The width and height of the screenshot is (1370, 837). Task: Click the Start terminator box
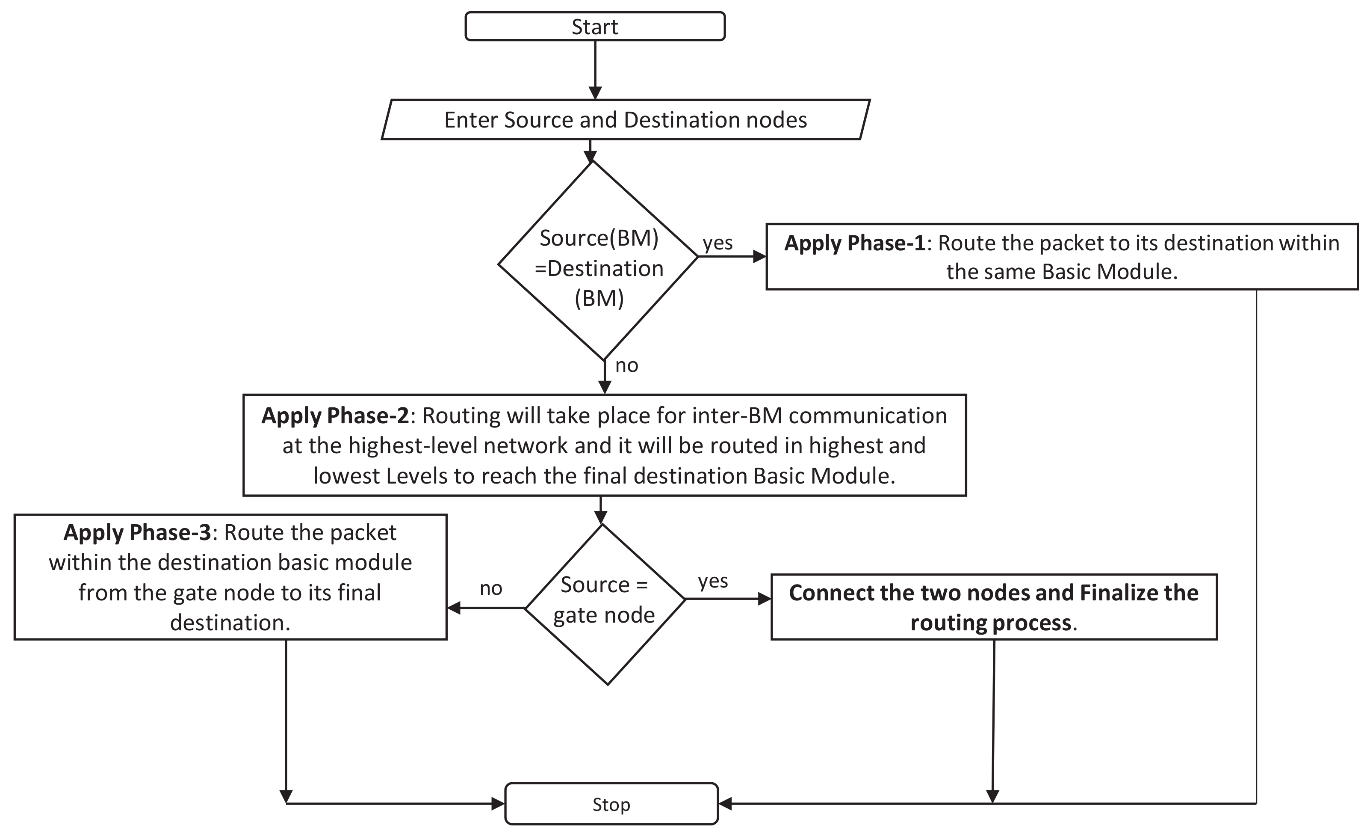(x=595, y=27)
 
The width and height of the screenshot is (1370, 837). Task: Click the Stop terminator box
(x=611, y=804)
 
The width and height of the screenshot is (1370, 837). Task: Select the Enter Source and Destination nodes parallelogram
(x=625, y=120)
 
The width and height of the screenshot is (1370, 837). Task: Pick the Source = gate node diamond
(x=605, y=604)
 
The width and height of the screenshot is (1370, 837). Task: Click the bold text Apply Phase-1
(x=855, y=243)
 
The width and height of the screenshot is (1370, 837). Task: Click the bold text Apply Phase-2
(x=335, y=416)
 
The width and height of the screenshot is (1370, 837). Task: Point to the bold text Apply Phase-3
(x=137, y=533)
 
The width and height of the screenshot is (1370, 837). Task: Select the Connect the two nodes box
(x=994, y=607)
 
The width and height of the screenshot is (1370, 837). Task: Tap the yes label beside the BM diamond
(x=717, y=243)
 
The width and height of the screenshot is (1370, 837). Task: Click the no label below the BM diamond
(x=626, y=365)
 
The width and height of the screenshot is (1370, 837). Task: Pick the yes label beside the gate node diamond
(x=713, y=581)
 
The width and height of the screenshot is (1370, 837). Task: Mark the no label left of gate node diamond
(x=491, y=588)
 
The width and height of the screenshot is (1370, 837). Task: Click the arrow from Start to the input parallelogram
(x=595, y=70)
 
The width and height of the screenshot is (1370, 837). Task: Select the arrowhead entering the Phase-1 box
(x=759, y=257)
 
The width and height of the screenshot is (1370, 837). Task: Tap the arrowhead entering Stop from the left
(x=498, y=804)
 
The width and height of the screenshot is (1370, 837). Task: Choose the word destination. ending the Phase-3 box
(x=230, y=623)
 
